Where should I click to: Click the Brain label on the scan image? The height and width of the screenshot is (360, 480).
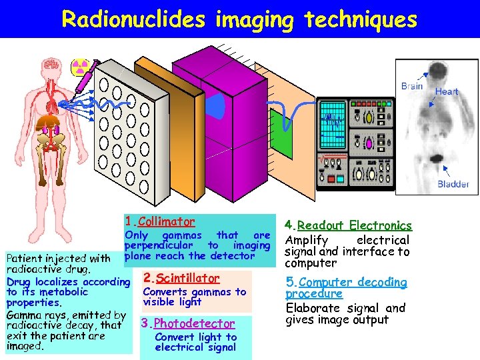tap(412, 86)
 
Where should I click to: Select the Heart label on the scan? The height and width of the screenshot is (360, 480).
tap(447, 91)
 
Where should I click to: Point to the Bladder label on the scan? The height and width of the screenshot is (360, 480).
tap(453, 184)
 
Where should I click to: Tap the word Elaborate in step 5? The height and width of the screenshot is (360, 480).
tap(313, 308)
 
